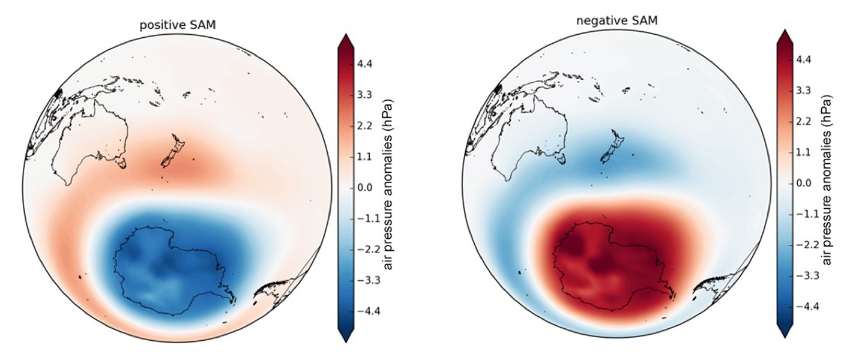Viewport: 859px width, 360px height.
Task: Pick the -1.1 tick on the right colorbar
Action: pyautogui.click(x=806, y=214)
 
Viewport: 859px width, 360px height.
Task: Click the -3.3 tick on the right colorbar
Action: pyautogui.click(x=806, y=275)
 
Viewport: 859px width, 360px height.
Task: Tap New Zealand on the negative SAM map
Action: pyautogui.click(x=611, y=149)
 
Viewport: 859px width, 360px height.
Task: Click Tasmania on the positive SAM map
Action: pyautogui.click(x=122, y=162)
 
